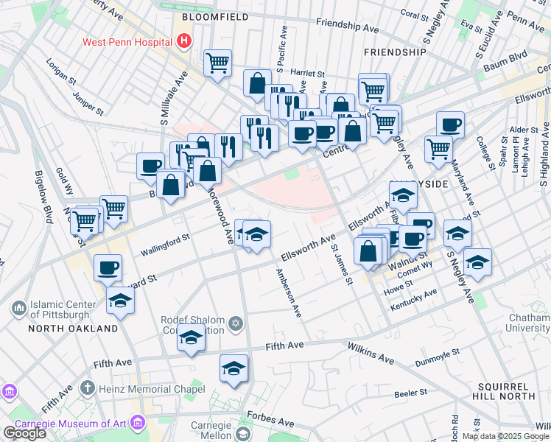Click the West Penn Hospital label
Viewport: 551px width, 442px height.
[x=127, y=42]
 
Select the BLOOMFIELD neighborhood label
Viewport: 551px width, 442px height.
[x=214, y=15]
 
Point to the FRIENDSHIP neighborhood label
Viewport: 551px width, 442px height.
[x=395, y=52]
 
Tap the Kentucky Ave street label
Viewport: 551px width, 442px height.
[x=414, y=298]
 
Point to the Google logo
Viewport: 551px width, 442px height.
[x=24, y=433]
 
